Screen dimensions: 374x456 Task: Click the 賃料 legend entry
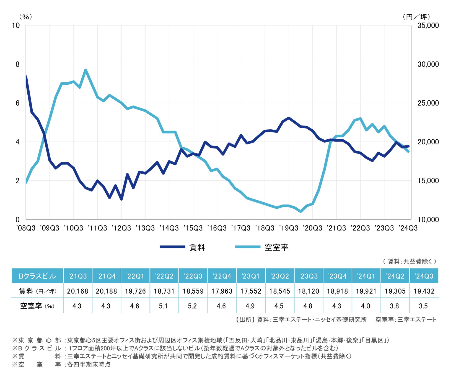point(183,247)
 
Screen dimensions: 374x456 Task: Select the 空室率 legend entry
point(261,247)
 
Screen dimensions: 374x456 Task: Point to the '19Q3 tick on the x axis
point(289,228)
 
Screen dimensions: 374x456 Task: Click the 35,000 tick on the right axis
point(428,25)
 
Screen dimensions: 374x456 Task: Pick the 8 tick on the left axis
point(18,64)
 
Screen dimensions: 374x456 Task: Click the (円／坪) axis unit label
point(416,17)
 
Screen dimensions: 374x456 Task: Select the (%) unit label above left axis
point(25,17)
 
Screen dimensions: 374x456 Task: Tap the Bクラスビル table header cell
point(37,276)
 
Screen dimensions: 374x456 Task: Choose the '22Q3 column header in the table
point(193,276)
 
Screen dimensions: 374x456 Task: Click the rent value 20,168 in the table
point(77,291)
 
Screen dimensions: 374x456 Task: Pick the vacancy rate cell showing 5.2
point(192,306)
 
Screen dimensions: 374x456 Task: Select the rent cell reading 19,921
point(366,291)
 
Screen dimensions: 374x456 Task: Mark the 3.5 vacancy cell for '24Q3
point(423,306)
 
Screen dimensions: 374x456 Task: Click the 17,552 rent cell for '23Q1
point(251,291)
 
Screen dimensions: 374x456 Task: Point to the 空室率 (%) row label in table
point(37,306)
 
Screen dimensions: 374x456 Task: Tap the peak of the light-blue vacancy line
point(85,70)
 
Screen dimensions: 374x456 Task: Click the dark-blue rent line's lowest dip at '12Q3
point(121,199)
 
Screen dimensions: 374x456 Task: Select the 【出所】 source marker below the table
point(244,320)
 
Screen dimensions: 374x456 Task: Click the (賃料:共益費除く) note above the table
point(410,261)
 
